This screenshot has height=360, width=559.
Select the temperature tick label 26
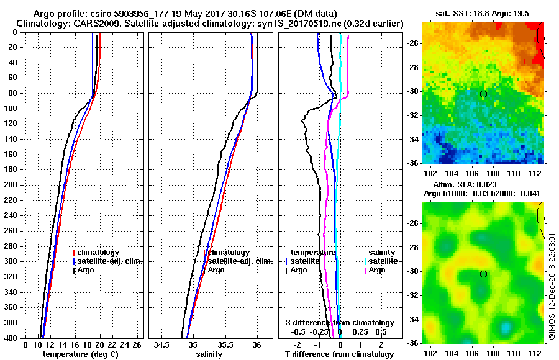[x=137, y=344]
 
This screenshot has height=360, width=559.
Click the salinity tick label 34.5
[x=162, y=344]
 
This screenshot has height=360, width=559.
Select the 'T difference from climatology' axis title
[x=339, y=354]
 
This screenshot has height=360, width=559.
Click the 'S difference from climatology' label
[x=339, y=323]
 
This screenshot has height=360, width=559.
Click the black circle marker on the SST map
[x=483, y=94]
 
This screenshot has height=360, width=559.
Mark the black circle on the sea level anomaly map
[x=483, y=274]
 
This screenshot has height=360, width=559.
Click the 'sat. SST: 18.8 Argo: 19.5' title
[x=483, y=13]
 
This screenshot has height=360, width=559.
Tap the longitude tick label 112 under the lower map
[x=537, y=353]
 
